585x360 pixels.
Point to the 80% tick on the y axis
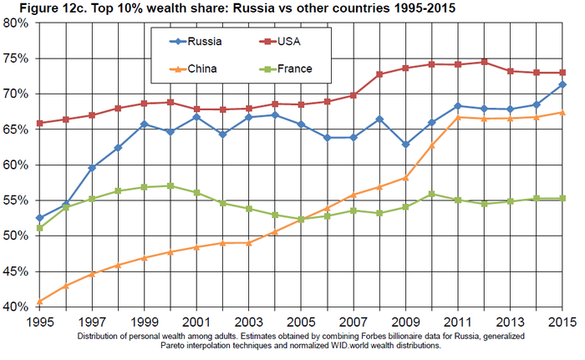pos(16,23)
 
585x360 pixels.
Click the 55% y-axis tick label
pos(16,200)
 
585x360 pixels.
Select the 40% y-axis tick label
pos(16,307)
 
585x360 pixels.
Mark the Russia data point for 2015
pos(562,84)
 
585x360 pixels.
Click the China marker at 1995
pos(40,302)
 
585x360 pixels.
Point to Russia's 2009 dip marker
pos(405,145)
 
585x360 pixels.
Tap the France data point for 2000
pos(170,185)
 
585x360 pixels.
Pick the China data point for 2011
pos(457,117)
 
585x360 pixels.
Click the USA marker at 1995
pos(40,123)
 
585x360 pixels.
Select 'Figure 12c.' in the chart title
pos(38,8)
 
